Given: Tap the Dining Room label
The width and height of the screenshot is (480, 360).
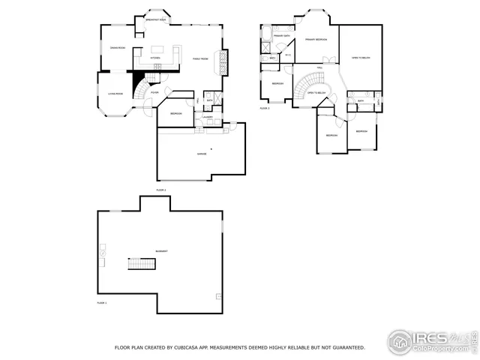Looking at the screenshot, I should click(x=117, y=49).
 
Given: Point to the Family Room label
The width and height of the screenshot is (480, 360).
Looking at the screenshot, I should click(x=200, y=58).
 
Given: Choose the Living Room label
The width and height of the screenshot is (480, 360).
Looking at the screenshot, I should click(x=114, y=94).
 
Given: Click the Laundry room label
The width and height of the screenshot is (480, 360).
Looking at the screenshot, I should click(x=207, y=117).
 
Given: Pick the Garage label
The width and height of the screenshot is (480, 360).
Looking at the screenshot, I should click(x=202, y=153).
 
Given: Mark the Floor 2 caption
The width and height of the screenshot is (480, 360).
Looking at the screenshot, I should click(x=160, y=190).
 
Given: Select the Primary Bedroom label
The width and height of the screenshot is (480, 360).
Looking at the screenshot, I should click(x=315, y=39).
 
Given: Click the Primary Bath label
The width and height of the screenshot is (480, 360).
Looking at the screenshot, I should click(x=282, y=36).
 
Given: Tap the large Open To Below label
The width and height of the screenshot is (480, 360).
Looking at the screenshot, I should click(x=360, y=58).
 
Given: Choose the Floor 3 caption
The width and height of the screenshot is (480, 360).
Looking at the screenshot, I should click(x=265, y=108).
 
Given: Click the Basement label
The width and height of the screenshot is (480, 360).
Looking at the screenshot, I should click(x=161, y=251).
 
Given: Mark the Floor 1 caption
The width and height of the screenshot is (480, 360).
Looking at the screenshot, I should click(x=102, y=303).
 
